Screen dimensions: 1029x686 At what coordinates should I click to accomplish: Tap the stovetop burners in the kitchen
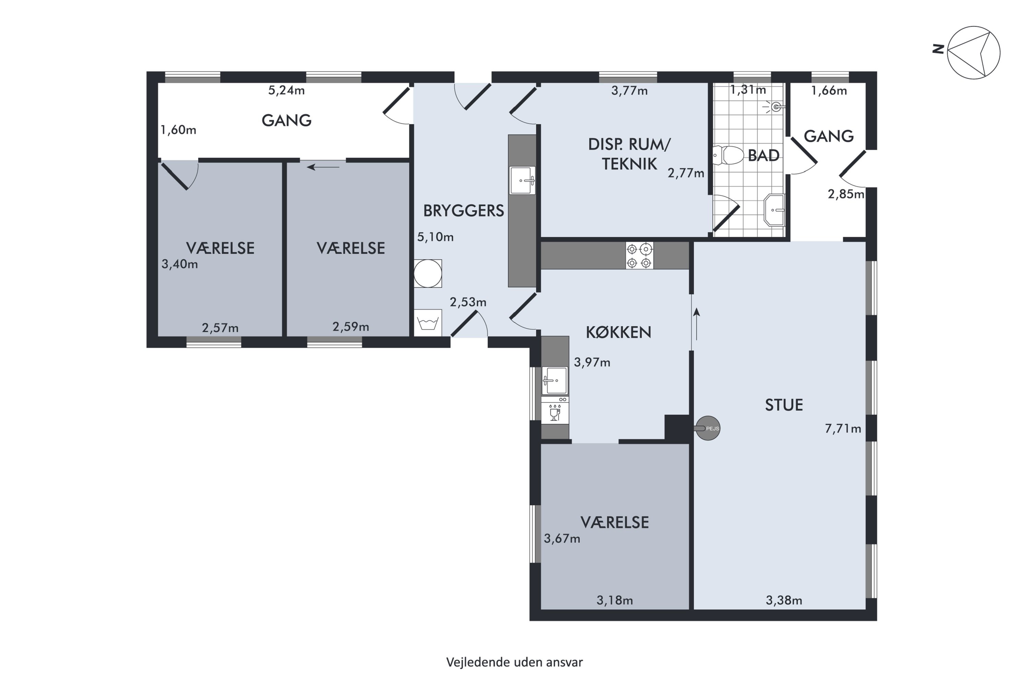(x=639, y=256)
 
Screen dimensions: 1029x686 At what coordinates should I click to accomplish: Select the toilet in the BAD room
(x=729, y=155)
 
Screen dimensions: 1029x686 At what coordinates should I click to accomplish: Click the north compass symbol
(x=973, y=52)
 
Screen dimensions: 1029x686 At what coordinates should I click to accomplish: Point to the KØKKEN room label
(x=618, y=332)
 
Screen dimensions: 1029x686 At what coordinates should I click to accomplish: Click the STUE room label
(x=783, y=405)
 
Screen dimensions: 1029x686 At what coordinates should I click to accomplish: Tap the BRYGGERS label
(x=463, y=211)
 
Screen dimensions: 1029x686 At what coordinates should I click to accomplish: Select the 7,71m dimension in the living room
(x=843, y=429)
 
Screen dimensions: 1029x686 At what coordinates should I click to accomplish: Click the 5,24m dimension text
(x=286, y=91)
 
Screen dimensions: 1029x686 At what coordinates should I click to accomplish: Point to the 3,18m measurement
(x=614, y=600)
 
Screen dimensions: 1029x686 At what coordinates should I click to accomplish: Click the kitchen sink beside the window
(x=555, y=381)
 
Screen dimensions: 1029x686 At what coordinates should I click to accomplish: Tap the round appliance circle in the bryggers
(x=427, y=273)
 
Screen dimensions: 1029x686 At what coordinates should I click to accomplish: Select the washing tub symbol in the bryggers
(x=427, y=323)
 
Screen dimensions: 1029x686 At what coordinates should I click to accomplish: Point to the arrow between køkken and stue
(x=697, y=324)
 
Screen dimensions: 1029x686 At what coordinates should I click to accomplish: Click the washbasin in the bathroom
(x=774, y=210)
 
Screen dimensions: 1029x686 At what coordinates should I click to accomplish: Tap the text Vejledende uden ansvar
(x=514, y=662)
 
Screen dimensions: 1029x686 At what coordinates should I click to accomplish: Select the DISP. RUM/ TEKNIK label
(x=629, y=154)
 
